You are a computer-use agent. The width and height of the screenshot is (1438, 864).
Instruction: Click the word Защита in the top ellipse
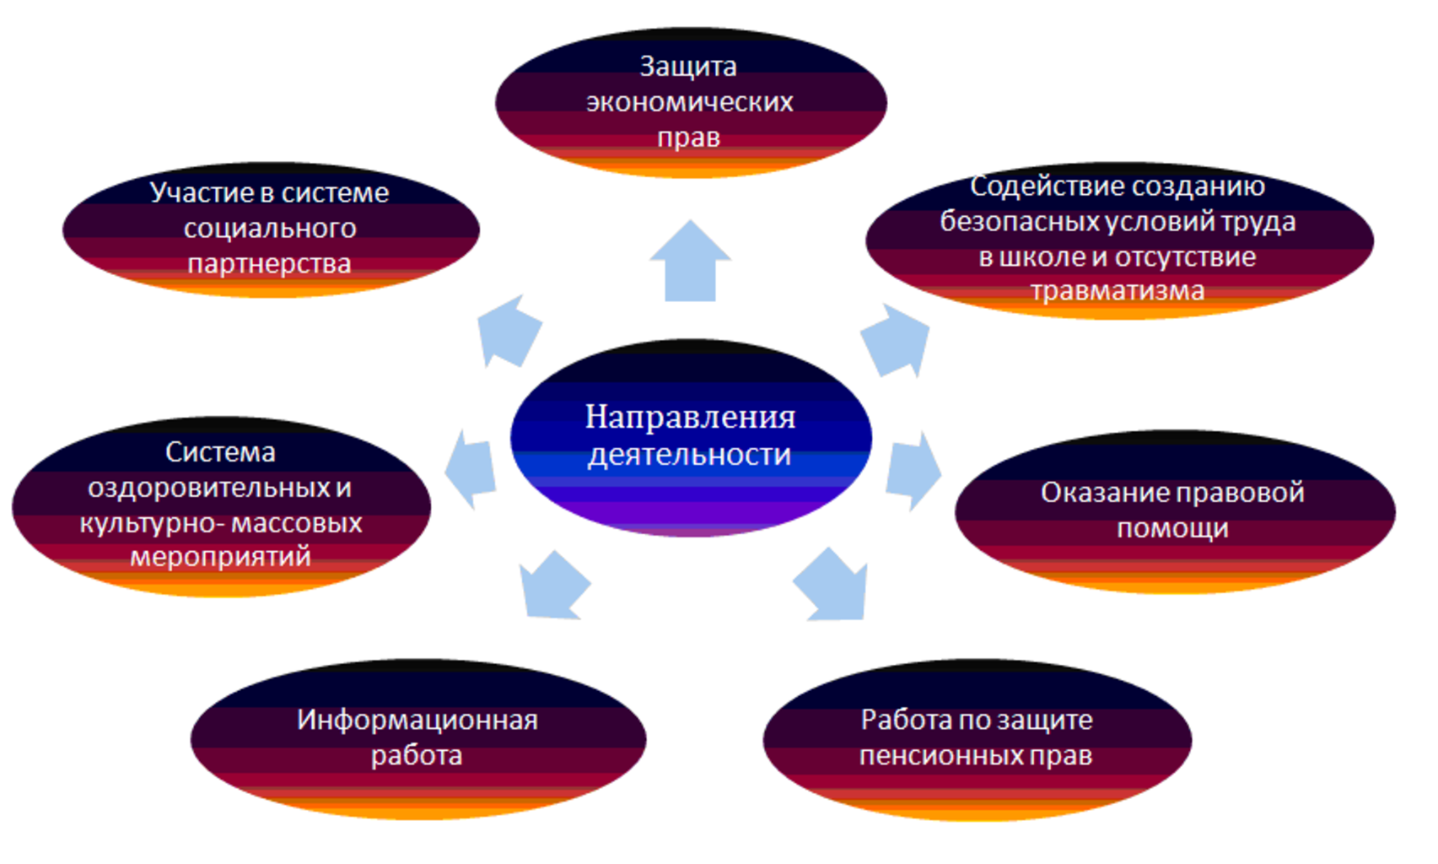click(687, 66)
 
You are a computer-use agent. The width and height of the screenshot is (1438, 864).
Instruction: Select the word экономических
click(689, 101)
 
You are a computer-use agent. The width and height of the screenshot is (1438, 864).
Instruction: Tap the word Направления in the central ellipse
click(690, 416)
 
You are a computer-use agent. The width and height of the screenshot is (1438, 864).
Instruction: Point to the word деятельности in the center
click(689, 454)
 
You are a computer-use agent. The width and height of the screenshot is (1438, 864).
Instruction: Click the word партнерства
click(269, 263)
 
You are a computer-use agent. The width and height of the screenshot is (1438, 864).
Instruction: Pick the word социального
click(270, 228)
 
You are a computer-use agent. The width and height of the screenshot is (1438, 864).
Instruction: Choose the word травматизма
click(1118, 291)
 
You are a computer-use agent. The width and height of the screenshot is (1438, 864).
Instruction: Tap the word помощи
click(1172, 528)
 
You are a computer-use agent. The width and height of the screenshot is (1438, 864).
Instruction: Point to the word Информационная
click(417, 720)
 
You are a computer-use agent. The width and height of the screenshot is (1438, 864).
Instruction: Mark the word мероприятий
click(220, 557)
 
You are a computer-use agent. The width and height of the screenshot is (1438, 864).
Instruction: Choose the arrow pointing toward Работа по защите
click(833, 586)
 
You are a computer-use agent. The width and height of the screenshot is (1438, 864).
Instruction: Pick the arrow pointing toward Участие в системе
click(508, 330)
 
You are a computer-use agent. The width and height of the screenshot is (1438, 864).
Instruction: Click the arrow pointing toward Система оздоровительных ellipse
click(471, 469)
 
